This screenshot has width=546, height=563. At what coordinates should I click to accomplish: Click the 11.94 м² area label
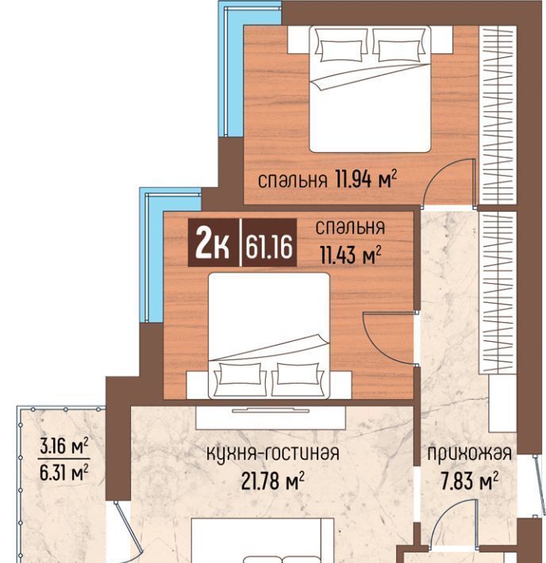(367, 178)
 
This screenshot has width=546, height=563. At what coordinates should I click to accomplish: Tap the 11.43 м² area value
(351, 255)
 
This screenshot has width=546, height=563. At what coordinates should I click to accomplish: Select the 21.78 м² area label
(273, 481)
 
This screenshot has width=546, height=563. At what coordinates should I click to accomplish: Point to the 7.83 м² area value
(470, 481)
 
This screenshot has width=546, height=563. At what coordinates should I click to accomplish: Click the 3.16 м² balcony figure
(64, 446)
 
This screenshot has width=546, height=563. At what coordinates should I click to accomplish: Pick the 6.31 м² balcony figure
(64, 472)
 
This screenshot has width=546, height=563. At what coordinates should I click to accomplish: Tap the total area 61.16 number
(269, 247)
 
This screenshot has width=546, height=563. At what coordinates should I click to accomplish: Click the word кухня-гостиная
(273, 453)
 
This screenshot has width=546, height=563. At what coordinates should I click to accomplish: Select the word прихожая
(470, 454)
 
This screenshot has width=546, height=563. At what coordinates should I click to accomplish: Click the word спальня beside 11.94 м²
(293, 180)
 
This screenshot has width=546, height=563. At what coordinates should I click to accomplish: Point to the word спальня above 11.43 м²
(350, 228)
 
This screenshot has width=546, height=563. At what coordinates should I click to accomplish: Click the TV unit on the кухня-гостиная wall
(271, 417)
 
